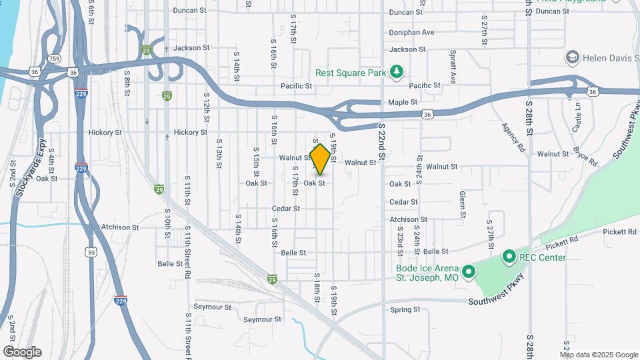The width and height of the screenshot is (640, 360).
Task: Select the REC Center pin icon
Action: (509, 257)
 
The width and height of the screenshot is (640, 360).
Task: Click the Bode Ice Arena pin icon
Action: (468, 271)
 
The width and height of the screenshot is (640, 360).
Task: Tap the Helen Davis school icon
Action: (571, 58)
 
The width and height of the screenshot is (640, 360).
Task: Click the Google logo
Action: (22, 352)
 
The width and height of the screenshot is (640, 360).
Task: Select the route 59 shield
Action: (90, 251)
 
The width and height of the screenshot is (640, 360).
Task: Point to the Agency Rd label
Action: (516, 135)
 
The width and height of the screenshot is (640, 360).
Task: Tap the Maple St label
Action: (403, 103)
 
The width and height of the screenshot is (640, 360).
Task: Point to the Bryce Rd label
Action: (585, 158)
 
